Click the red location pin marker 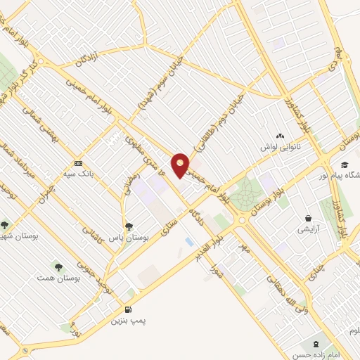(181, 164)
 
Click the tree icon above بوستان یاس (129, 226)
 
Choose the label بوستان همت (59, 278)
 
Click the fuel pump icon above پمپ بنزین (127, 309)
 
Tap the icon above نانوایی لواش (281, 136)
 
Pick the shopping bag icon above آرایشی (308, 218)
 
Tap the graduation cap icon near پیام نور (345, 164)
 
